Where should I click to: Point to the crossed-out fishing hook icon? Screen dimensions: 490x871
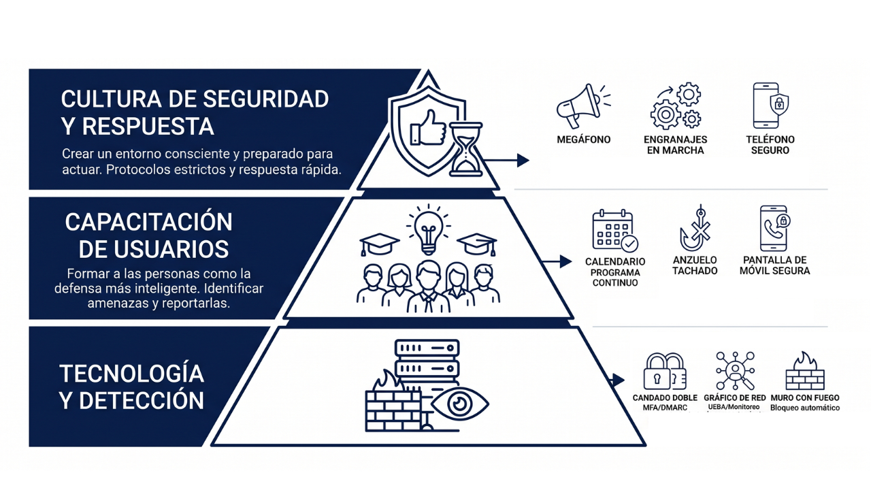click(x=695, y=229)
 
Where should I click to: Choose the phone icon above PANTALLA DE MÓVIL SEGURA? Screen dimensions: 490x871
click(x=774, y=229)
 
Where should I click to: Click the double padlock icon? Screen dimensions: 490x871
click(x=664, y=371)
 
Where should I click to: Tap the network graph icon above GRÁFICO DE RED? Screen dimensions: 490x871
click(x=735, y=371)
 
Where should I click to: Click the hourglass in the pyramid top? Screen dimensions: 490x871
click(x=466, y=150)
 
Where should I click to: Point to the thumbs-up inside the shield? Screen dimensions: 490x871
click(x=427, y=127)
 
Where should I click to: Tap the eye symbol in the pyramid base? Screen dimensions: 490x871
click(x=460, y=403)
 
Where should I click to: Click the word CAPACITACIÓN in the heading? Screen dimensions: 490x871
click(x=148, y=222)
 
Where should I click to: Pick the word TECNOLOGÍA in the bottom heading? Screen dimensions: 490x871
click(x=131, y=373)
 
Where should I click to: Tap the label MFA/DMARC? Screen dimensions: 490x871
click(x=665, y=408)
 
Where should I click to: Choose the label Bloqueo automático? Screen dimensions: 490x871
click(x=805, y=408)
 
